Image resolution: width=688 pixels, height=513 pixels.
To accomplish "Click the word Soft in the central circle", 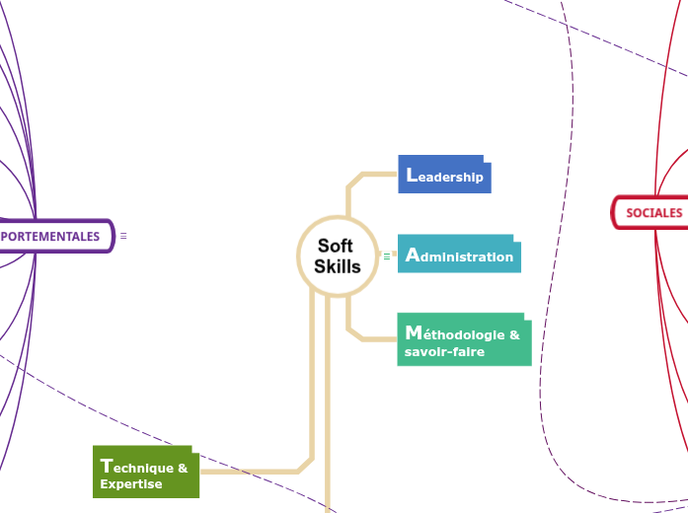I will [x=336, y=247].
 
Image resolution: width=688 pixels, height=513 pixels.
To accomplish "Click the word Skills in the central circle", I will [x=338, y=266].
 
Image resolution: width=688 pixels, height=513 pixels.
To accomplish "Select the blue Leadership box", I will [x=444, y=176].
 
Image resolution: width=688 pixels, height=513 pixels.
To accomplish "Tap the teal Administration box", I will [x=459, y=256].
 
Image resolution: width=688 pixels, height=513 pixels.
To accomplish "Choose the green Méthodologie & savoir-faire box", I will [x=464, y=341].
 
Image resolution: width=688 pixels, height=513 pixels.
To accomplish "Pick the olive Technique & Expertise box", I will [x=146, y=474].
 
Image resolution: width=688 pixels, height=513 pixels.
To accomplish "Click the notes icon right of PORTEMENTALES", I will [x=123, y=237].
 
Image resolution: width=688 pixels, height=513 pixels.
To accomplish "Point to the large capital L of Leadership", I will [x=412, y=175].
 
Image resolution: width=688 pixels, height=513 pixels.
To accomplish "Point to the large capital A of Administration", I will [x=413, y=255].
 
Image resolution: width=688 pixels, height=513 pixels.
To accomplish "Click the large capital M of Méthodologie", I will [x=414, y=332].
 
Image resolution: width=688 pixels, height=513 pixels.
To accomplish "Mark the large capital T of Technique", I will [x=106, y=466].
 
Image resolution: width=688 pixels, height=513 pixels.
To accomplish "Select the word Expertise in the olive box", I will [x=131, y=484].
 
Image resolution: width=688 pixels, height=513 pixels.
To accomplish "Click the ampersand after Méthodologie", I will [x=514, y=334].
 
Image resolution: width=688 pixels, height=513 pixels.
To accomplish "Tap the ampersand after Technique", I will [x=183, y=468].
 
